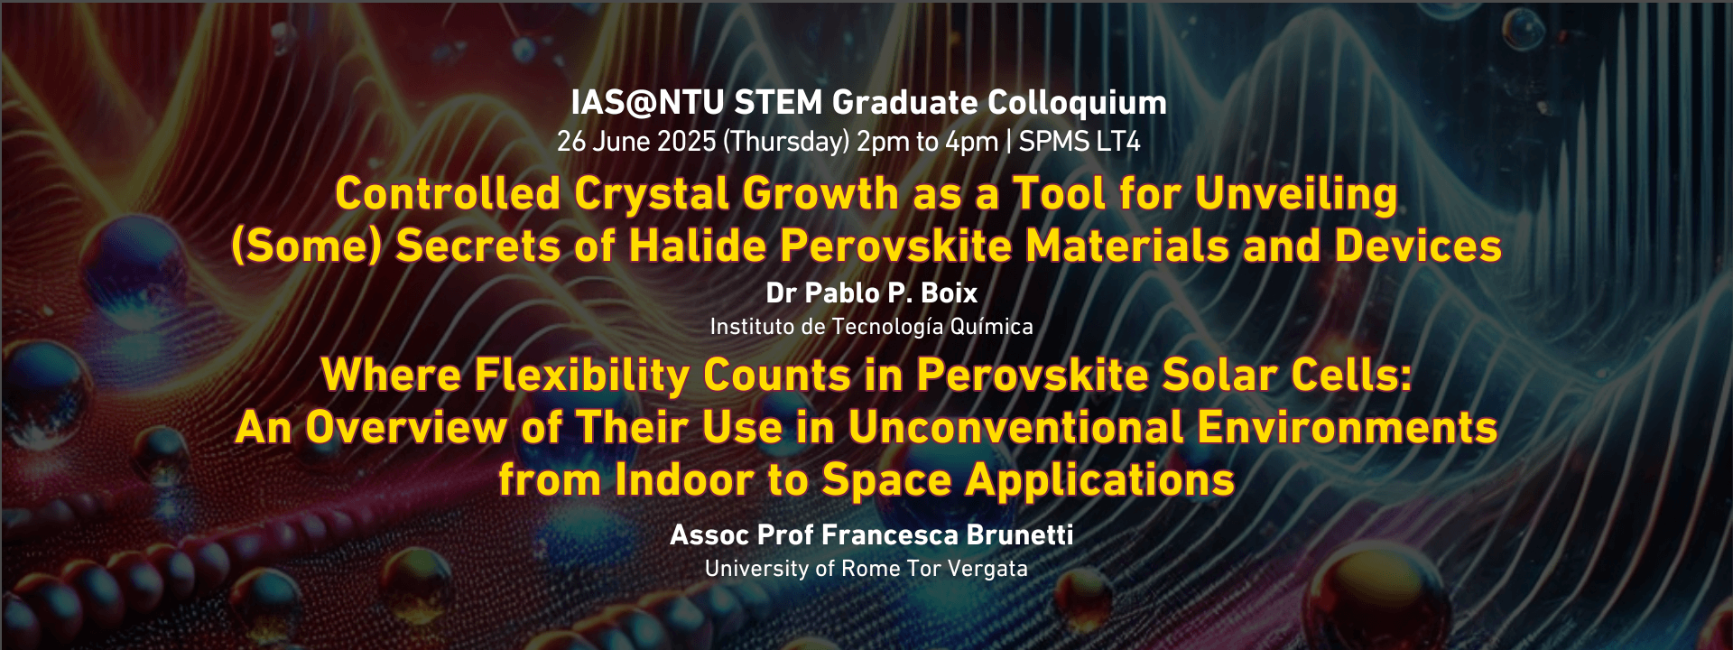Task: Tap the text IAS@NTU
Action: pyautogui.click(x=647, y=104)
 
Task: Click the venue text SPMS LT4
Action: pyautogui.click(x=1080, y=142)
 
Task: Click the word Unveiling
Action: pyautogui.click(x=1296, y=195)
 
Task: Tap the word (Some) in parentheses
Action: pyautogui.click(x=307, y=246)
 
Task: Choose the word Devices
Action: pyautogui.click(x=1418, y=246)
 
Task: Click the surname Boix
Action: pyautogui.click(x=949, y=293)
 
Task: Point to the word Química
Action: pyautogui.click(x=991, y=327)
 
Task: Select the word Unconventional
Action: pyautogui.click(x=1015, y=428)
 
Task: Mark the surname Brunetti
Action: pyautogui.click(x=1020, y=535)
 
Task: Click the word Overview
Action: pyautogui.click(x=406, y=428)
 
